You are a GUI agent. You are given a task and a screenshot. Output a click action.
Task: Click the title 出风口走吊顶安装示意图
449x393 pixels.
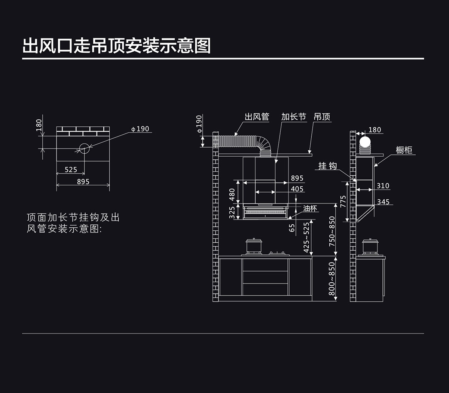point(116,46)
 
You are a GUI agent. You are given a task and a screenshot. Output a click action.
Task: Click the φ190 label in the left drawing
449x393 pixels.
point(140,129)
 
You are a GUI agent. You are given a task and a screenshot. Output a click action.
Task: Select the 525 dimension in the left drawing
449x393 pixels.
point(71,170)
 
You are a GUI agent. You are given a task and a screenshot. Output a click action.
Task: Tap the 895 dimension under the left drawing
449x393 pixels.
point(83,182)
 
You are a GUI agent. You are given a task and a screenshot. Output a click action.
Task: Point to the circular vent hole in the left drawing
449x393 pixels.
point(84,149)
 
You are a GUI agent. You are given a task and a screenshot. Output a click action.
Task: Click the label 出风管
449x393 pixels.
point(257,117)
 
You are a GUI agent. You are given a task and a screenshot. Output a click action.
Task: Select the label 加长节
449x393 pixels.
point(293,117)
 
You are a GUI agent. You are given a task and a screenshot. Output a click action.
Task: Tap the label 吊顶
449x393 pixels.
point(322,117)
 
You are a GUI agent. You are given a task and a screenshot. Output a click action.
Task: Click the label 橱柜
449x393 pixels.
point(404,150)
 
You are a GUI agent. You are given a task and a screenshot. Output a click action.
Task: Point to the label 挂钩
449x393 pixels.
point(328,166)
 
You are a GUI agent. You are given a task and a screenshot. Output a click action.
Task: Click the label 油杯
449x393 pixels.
point(310,209)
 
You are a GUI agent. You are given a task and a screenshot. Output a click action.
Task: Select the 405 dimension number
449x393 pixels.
point(297,189)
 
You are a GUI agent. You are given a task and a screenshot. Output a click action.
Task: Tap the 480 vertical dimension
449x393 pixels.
point(232,194)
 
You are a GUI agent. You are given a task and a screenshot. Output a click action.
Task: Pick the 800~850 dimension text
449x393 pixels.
point(332,279)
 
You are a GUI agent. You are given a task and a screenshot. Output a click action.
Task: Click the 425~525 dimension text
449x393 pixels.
point(306,237)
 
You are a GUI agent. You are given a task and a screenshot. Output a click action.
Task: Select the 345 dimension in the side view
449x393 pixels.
point(383,202)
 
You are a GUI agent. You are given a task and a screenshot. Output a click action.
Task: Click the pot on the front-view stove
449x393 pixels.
point(253,246)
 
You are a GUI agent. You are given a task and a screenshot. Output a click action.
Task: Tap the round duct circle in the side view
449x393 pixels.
point(364,142)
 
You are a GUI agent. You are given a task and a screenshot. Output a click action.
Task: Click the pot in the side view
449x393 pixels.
point(370,246)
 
